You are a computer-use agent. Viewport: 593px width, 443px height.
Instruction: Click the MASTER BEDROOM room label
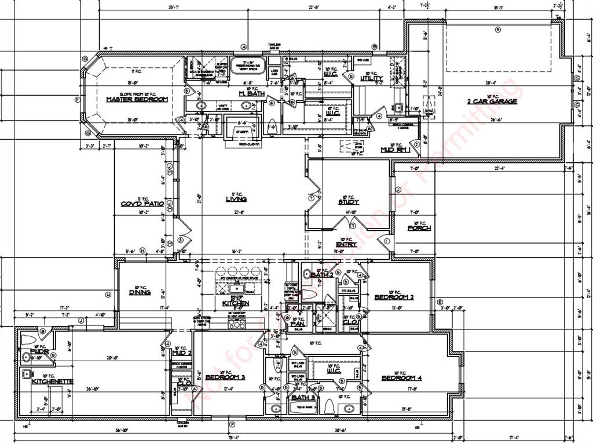137,100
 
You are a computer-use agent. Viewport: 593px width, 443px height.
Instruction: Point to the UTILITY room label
371,79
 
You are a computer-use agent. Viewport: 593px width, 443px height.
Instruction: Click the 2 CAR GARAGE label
492,101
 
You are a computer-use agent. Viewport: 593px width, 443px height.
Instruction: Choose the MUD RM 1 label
396,150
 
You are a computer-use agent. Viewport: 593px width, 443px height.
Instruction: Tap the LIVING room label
236,199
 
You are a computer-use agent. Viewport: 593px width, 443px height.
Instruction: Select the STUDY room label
349,202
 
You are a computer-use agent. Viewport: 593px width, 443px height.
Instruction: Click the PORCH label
419,228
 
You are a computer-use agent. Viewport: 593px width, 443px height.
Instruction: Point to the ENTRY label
346,244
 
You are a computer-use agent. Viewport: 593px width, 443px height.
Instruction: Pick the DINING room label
140,292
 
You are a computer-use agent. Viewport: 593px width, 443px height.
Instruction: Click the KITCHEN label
236,303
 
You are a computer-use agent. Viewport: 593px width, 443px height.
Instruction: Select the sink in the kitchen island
236,288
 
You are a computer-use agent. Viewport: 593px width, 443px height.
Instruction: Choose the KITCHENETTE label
52,382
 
